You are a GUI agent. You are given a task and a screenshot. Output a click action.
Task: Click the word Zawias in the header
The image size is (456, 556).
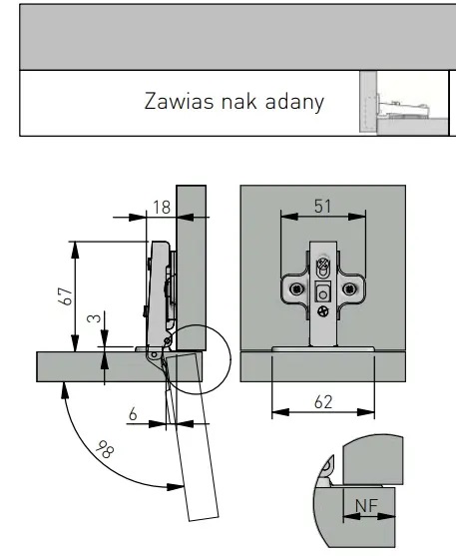[x=179, y=101]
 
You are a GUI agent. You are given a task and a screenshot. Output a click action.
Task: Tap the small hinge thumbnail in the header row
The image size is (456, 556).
[x=403, y=103]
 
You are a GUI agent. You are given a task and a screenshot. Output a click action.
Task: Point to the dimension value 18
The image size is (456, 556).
[x=162, y=207]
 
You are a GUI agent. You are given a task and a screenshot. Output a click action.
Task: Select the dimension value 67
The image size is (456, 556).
[x=66, y=296]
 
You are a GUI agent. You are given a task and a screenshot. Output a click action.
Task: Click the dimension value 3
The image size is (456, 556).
[x=94, y=317]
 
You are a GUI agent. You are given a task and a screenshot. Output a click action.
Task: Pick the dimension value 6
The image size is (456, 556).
[x=133, y=414]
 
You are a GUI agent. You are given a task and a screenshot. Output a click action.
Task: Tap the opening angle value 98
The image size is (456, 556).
[x=106, y=449]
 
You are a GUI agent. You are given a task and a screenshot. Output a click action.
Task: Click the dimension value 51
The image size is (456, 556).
[x=322, y=207]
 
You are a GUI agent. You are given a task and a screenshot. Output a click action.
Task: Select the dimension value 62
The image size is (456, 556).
[x=323, y=402]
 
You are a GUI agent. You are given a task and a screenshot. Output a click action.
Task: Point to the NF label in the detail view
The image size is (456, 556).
[x=366, y=505]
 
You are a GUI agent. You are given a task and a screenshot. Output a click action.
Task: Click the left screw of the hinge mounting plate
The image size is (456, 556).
[x=296, y=289]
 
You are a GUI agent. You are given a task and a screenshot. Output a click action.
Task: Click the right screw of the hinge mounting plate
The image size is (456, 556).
[x=349, y=289]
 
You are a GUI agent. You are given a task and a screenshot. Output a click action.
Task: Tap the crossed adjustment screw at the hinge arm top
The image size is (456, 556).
[x=322, y=264]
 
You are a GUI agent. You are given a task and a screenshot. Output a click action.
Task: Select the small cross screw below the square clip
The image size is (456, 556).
[x=323, y=311]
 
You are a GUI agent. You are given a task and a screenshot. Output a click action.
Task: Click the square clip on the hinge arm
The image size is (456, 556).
[x=323, y=293]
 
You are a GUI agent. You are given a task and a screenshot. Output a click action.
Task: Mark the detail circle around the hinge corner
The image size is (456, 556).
[x=229, y=359]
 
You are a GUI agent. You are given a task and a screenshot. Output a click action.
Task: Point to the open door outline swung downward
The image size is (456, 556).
[x=193, y=437]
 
